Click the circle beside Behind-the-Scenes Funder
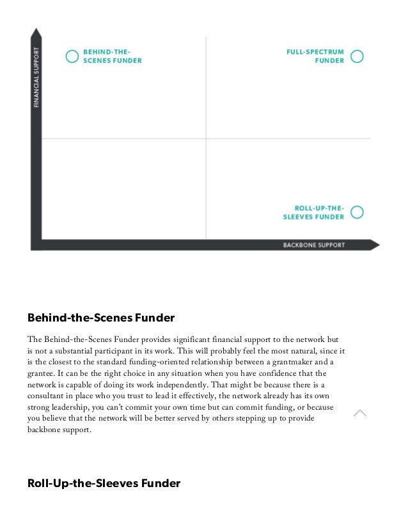point(73,56)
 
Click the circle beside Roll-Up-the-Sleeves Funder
point(357,212)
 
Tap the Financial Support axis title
point(36,77)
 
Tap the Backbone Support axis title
point(314,245)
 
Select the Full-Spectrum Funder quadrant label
point(315,56)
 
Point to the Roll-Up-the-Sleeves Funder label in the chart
point(313,212)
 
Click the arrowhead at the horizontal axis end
point(375,245)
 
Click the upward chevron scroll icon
point(360,414)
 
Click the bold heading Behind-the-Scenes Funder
point(101,317)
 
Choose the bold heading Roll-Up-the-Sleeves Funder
point(104,483)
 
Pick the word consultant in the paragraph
point(49,396)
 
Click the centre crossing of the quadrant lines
point(206,138)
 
